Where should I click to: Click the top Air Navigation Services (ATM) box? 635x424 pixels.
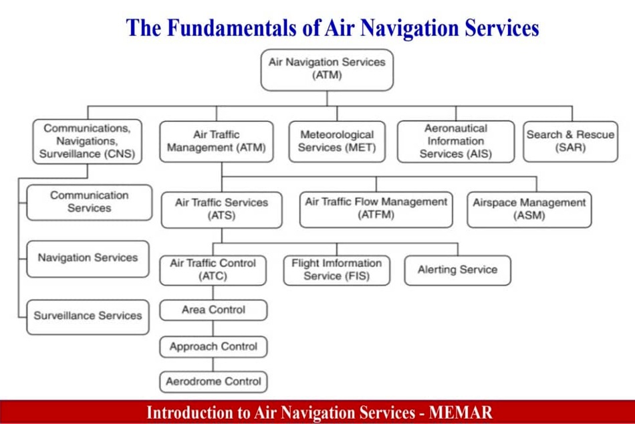(327, 70)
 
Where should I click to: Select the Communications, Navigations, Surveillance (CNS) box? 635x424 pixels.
(87, 142)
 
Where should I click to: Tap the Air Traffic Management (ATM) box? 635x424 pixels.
(217, 142)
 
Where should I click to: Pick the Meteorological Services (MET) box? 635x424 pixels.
(337, 142)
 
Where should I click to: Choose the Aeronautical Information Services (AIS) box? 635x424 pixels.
(456, 142)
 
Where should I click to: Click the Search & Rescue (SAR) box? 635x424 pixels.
(570, 142)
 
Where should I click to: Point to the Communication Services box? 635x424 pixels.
(89, 202)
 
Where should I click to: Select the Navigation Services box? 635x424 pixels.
(88, 259)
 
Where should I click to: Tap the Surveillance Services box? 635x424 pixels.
(88, 317)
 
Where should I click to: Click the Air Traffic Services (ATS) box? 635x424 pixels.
(221, 209)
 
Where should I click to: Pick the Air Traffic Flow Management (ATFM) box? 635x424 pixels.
(376, 209)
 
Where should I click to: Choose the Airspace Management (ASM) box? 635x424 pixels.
(529, 209)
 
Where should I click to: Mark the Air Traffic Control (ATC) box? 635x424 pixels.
(213, 270)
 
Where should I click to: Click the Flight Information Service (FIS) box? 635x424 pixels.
(336, 270)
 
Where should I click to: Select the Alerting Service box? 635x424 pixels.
(457, 270)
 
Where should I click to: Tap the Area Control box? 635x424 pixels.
(213, 310)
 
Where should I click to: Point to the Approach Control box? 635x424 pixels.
(213, 346)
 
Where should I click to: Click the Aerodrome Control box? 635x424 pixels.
(213, 381)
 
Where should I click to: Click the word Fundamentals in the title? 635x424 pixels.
(231, 27)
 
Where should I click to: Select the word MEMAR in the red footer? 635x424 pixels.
(461, 413)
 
